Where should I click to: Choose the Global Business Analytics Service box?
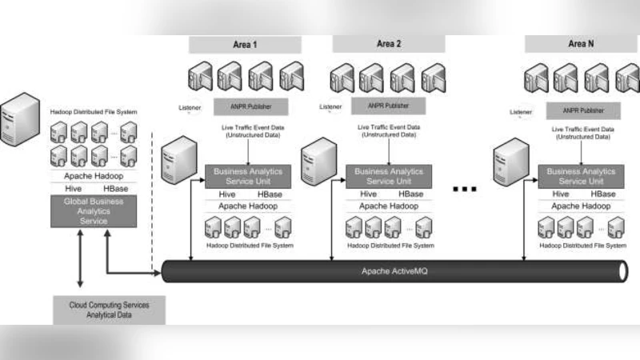point(94,211)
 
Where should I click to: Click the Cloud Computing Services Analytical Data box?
point(108,310)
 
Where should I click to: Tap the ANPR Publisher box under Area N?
point(581,110)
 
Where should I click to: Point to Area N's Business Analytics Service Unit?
point(581,176)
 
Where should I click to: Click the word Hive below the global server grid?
point(74,188)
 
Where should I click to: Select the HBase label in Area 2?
point(411,194)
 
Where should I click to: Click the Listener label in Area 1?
point(190,107)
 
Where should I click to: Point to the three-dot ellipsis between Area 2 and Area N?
point(465,190)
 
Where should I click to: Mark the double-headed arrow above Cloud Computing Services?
point(80,262)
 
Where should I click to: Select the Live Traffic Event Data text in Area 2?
point(386,131)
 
